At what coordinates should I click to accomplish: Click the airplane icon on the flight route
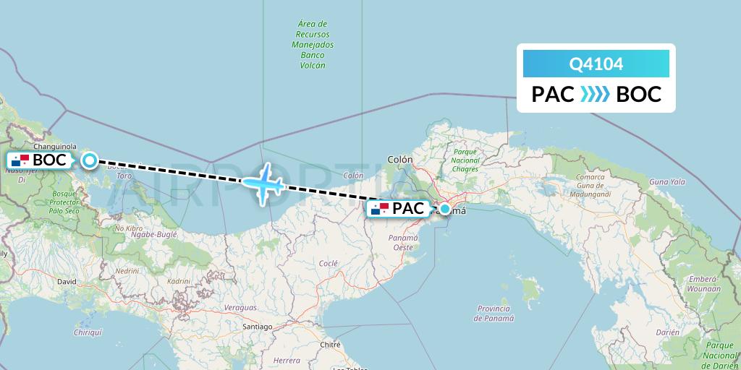[x=263, y=183]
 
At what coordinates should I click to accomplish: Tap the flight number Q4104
[x=596, y=64]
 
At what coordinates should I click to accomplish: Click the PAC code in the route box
[x=553, y=95]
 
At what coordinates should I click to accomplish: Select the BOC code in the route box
[x=639, y=95]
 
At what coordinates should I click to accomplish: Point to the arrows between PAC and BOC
[x=596, y=95]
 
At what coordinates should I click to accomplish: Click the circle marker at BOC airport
[x=89, y=160]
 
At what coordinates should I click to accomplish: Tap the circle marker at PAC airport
[x=445, y=210]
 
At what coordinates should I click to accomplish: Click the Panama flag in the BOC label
[x=20, y=160]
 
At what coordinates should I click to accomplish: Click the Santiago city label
[x=257, y=327]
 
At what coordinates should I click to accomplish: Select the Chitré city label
[x=330, y=345]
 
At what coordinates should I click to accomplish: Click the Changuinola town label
[x=44, y=145]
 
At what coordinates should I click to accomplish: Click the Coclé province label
[x=328, y=264]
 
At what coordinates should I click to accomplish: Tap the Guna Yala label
[x=667, y=182]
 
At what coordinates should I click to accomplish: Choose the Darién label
[x=669, y=332]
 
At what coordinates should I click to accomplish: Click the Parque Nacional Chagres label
[x=465, y=160]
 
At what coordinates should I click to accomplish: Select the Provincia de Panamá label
[x=494, y=313]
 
